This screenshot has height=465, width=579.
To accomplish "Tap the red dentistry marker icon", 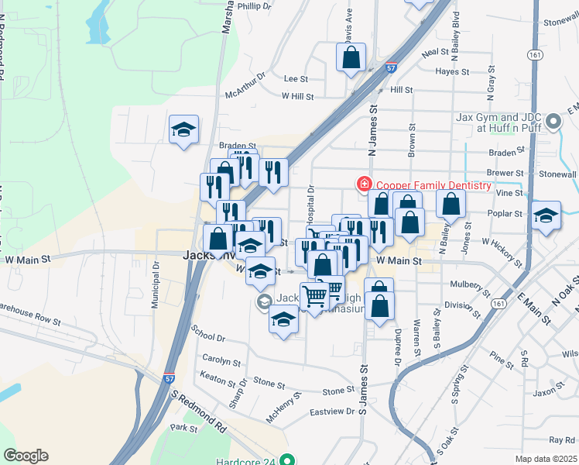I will (362, 184).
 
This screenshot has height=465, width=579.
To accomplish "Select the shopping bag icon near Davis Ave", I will (351, 57).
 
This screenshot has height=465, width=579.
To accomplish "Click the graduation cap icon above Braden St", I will (183, 129).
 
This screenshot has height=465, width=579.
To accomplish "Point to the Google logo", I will (26, 456).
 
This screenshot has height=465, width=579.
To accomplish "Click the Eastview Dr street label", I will (331, 412).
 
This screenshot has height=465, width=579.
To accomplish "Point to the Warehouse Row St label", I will (32, 318).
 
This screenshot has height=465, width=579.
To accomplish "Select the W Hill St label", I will (297, 97).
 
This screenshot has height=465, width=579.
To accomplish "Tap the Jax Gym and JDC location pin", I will (553, 122).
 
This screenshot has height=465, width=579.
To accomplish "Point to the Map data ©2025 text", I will (545, 459).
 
